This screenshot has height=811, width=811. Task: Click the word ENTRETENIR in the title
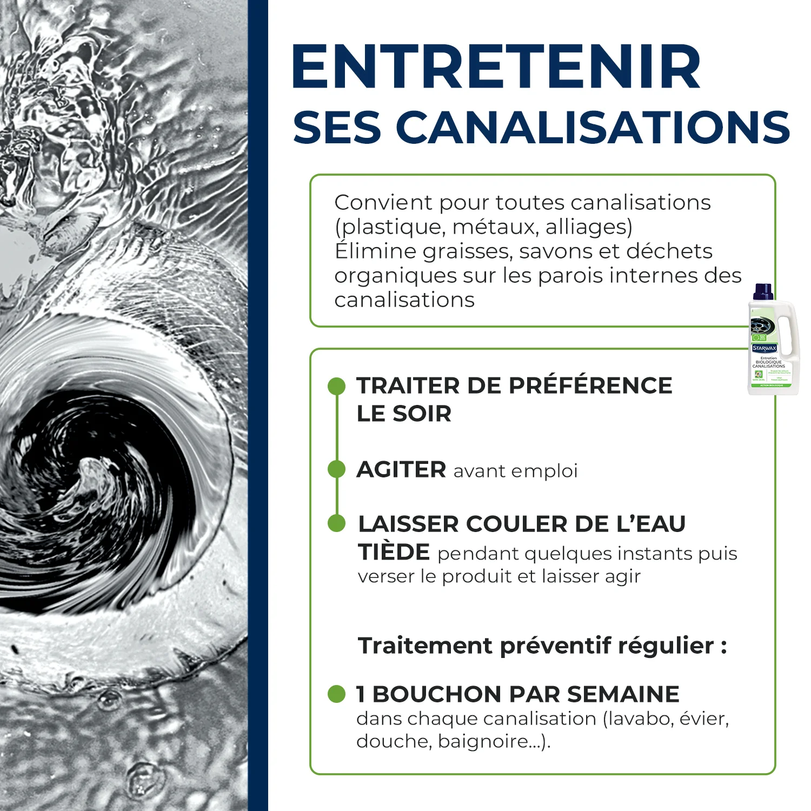(496, 67)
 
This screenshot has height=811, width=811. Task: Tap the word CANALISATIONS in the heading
(593, 128)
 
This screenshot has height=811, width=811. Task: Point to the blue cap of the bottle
(763, 291)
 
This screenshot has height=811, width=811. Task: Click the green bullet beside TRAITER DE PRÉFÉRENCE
(336, 386)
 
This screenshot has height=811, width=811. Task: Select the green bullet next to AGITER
(336, 469)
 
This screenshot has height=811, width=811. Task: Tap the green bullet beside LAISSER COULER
(336, 523)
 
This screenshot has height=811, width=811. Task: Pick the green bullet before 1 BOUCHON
(336, 694)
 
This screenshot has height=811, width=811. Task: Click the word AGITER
(401, 469)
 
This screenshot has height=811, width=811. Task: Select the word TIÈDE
(394, 552)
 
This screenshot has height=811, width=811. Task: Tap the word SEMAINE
(623, 694)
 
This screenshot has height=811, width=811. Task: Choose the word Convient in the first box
(383, 203)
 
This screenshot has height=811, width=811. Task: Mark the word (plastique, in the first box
(390, 227)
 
